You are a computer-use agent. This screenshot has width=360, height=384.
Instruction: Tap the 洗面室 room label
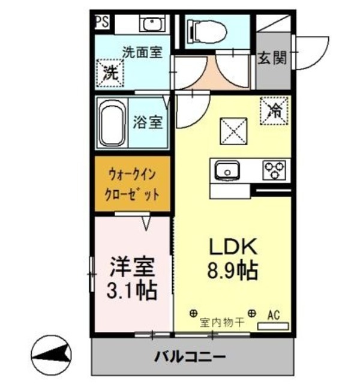[142, 52]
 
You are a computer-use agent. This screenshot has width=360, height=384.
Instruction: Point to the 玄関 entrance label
[272, 58]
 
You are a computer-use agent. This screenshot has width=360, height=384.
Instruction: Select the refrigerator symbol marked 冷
[274, 110]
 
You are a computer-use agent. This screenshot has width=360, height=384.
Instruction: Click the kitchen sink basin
[227, 170]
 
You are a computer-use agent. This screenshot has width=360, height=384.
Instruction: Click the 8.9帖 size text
[233, 271]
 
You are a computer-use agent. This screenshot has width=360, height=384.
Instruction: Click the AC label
[274, 314]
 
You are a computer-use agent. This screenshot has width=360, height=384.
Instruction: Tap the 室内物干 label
[222, 322]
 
